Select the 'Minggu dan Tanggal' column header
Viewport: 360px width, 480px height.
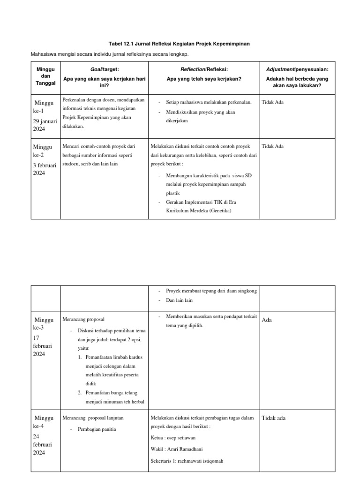coord(45,76)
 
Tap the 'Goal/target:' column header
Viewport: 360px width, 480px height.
coord(105,69)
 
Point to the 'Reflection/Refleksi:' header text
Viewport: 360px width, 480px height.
coord(204,69)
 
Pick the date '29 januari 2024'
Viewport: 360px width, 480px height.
coord(45,125)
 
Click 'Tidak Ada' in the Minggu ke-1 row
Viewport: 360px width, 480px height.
coord(273,102)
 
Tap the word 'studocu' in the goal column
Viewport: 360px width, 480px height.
coord(71,164)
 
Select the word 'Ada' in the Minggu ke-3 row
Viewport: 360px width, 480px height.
coord(267,320)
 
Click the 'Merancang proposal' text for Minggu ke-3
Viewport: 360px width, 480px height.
coord(83,319)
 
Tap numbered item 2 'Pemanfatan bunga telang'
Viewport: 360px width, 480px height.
coord(111,393)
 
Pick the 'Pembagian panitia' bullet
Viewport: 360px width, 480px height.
coord(97,429)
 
